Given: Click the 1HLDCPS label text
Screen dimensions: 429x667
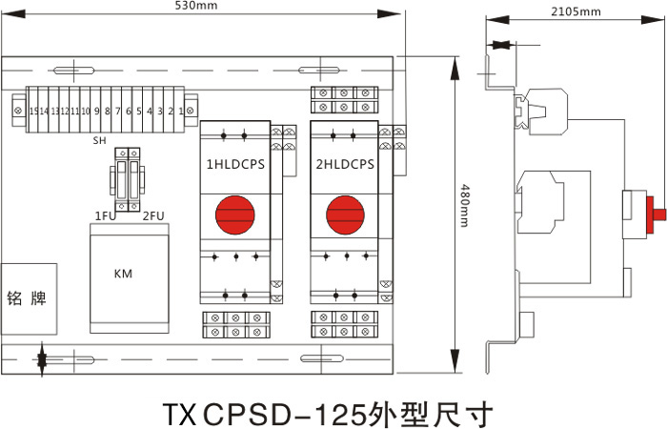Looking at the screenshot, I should [234, 164].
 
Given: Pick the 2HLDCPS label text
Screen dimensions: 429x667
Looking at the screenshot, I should [344, 164].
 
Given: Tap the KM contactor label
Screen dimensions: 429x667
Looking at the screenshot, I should [123, 275].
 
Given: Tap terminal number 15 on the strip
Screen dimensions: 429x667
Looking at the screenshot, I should [34, 112].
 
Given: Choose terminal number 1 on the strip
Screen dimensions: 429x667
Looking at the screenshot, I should [180, 112].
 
